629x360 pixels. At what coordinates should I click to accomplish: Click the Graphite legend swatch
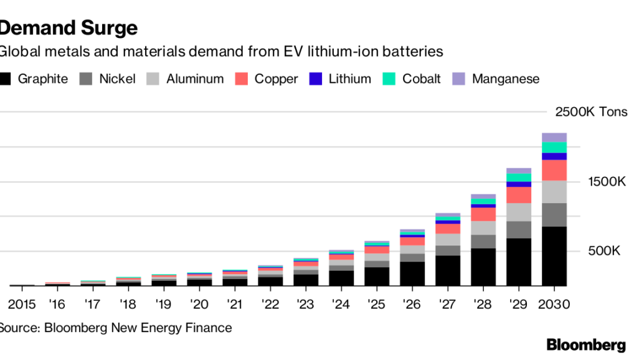6,79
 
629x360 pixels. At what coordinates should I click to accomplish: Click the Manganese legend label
506,79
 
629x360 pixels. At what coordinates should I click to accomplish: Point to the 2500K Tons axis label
591,112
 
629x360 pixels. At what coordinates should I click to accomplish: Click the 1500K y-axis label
607,182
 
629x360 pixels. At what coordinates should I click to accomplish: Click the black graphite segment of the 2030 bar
554,256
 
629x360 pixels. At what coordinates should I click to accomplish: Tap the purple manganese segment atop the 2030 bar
554,137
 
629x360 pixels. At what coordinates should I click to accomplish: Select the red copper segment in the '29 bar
519,194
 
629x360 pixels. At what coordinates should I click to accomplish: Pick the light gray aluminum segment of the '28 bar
483,227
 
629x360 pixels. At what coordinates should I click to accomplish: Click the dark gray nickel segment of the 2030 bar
554,215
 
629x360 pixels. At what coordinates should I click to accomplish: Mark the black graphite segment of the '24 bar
341,278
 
